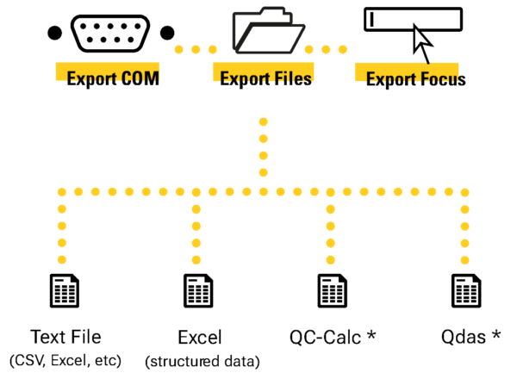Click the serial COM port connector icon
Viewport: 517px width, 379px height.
point(109,34)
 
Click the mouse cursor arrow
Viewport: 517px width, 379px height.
point(422,38)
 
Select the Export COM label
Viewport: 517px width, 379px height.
point(110,78)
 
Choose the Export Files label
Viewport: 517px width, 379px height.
point(265,78)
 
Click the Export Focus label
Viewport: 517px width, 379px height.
point(415,79)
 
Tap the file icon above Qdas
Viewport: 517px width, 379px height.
point(465,291)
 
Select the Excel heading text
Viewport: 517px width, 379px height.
point(199,337)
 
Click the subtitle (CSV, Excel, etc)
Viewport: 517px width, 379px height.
point(65,357)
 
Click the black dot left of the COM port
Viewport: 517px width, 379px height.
point(53,34)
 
